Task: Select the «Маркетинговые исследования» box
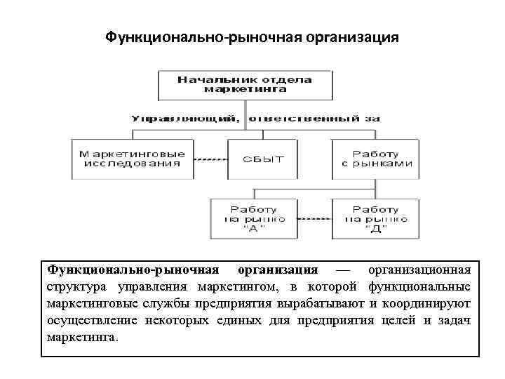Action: pyautogui.click(x=133, y=159)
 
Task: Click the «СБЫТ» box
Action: pyautogui.click(x=263, y=159)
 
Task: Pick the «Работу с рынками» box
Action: pyautogui.click(x=375, y=159)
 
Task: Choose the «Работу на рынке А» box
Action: pyautogui.click(x=253, y=218)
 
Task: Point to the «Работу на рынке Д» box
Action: pyautogui.click(x=375, y=218)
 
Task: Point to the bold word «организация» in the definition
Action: pyautogui.click(x=278, y=270)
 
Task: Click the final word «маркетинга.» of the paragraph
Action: pyautogui.click(x=83, y=337)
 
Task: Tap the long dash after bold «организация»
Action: pyautogui.click(x=342, y=270)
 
